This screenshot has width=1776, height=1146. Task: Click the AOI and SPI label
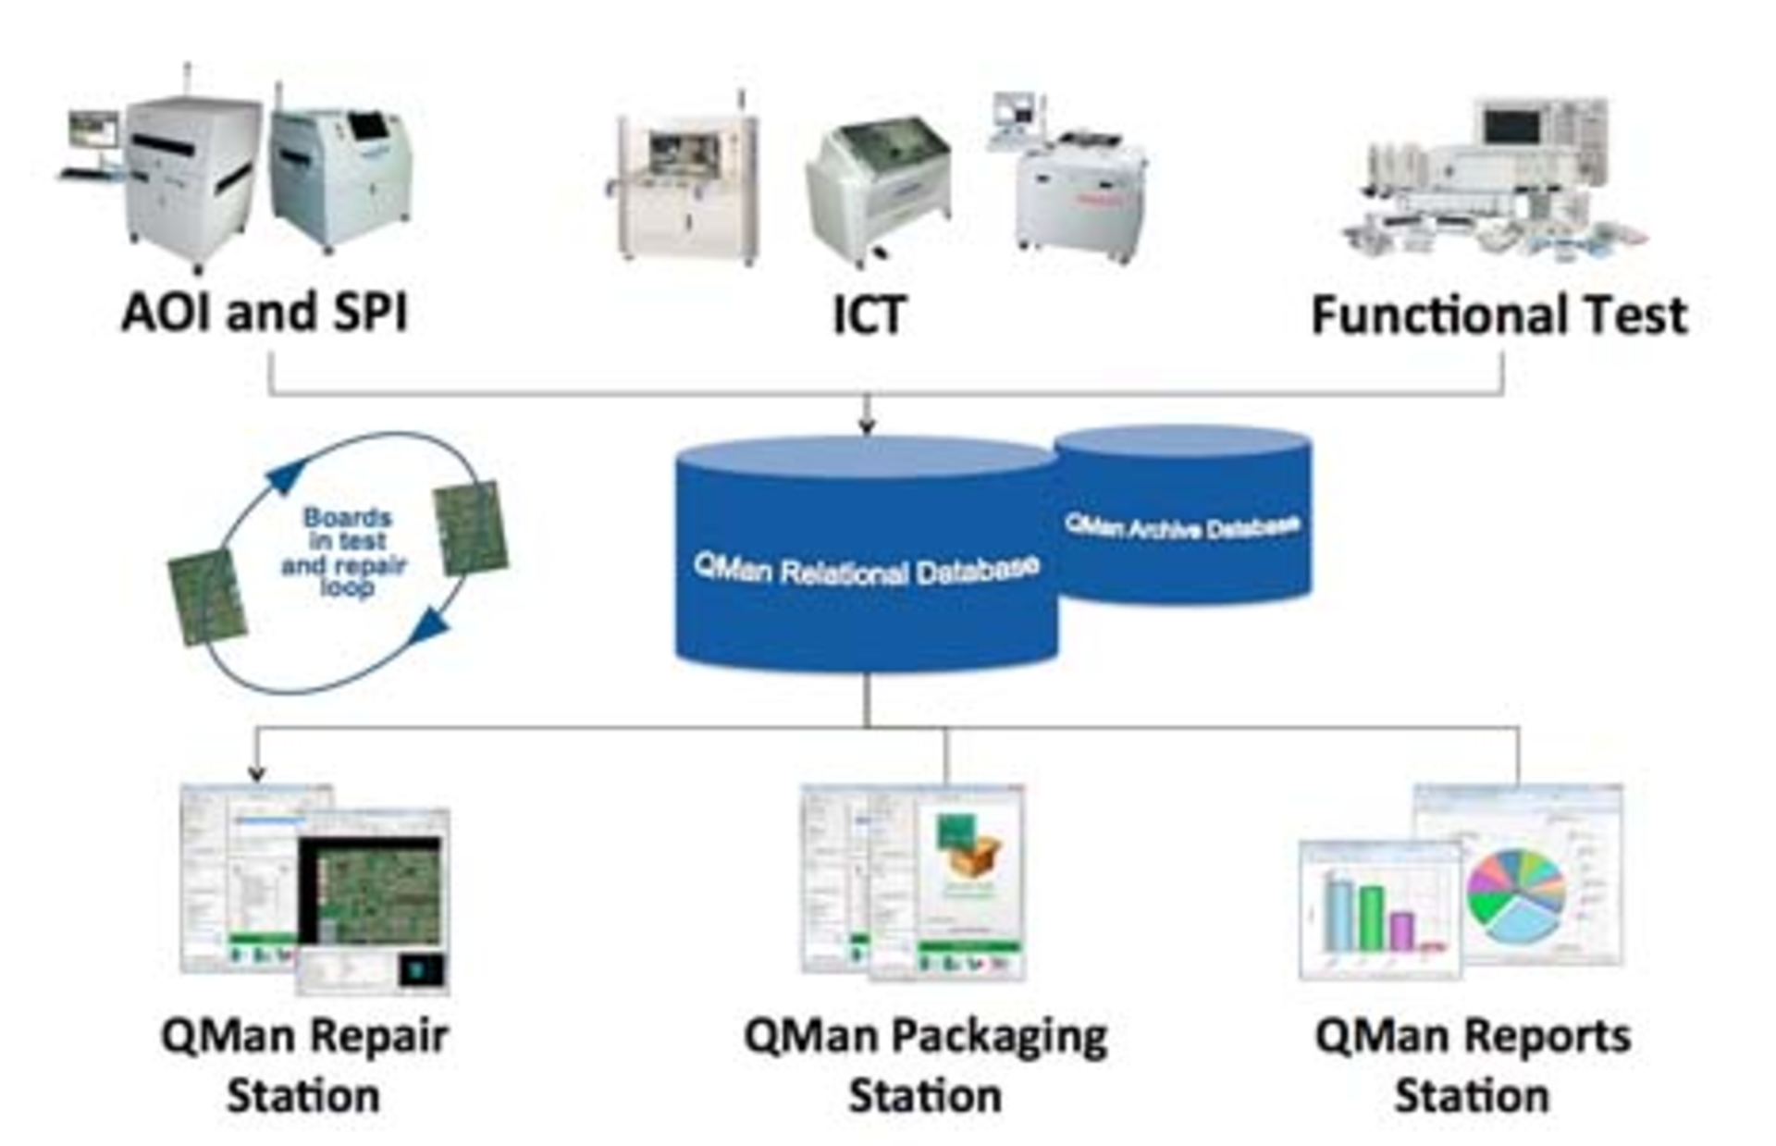tap(265, 313)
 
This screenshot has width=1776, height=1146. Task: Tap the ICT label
tap(869, 315)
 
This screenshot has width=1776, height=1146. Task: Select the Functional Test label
tap(1499, 315)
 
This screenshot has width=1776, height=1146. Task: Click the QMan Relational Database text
tap(867, 570)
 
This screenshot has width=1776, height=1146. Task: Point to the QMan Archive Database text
tap(1182, 527)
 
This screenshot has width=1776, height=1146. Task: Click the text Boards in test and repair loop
tap(344, 552)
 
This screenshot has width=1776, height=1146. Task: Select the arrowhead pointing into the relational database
tap(867, 426)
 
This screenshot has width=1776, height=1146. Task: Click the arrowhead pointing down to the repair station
tap(257, 773)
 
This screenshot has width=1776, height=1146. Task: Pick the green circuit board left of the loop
tap(207, 597)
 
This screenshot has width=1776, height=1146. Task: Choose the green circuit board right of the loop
tap(472, 528)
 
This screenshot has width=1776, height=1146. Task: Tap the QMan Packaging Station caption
tap(925, 1066)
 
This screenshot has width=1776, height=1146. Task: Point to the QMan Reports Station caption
tap(1473, 1066)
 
